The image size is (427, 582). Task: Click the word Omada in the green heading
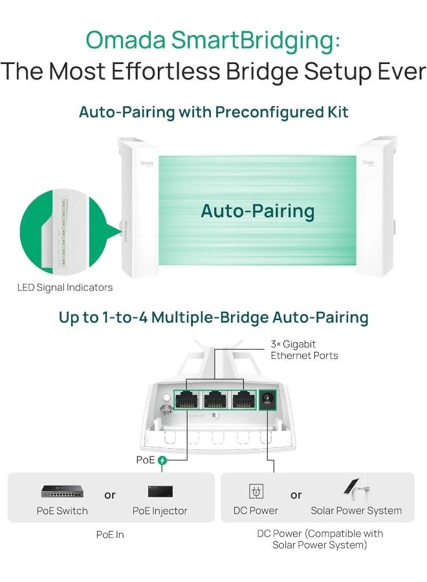tap(126, 40)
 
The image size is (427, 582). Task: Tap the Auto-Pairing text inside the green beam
tap(257, 211)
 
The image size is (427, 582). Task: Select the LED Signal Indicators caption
tap(65, 287)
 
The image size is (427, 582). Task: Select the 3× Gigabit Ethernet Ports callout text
tap(303, 350)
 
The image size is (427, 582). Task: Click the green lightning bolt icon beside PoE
tap(162, 460)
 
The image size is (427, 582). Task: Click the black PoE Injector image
tap(160, 491)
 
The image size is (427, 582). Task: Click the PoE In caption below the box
tap(110, 535)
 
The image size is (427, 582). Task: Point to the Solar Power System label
tap(356, 511)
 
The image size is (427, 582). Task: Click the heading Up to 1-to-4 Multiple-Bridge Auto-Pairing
tap(213, 318)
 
